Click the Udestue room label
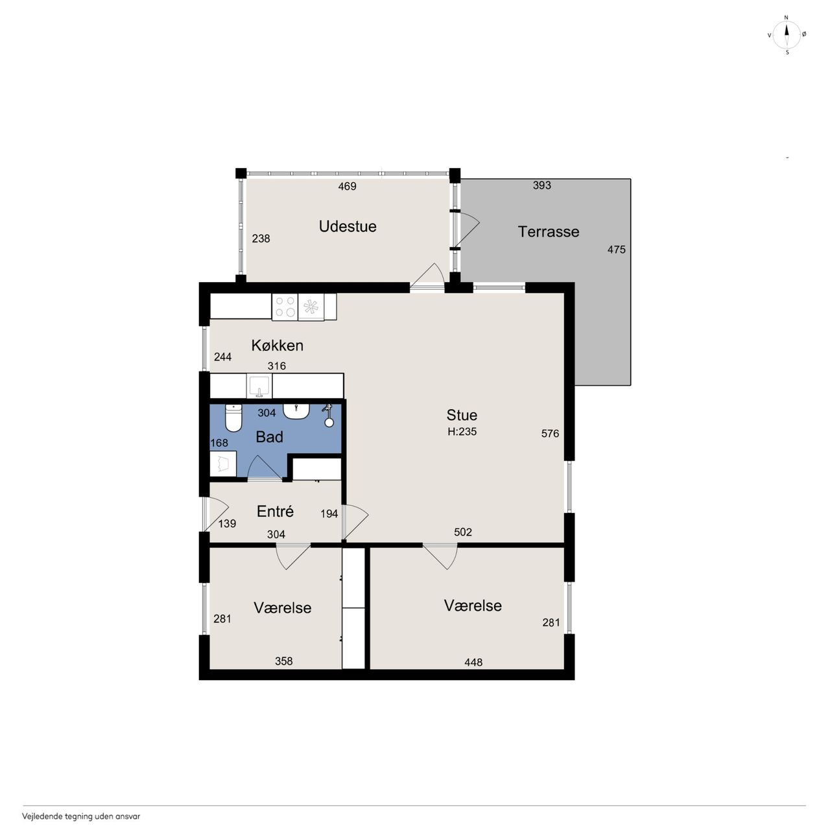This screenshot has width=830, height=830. [347, 226]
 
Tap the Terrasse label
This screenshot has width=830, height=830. [549, 231]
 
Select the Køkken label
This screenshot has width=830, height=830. [277, 346]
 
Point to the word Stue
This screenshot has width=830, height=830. [462, 415]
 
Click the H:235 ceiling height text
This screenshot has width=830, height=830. [462, 432]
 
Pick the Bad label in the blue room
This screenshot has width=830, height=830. [269, 437]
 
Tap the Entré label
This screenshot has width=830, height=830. [275, 511]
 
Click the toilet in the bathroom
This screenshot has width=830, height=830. [233, 418]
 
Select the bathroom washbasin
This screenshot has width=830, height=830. [296, 411]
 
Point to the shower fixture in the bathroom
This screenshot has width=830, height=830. [328, 416]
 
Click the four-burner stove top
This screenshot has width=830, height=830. [285, 307]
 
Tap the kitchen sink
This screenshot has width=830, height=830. [259, 386]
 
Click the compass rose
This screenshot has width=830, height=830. [787, 35]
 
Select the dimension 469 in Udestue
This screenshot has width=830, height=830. [347, 187]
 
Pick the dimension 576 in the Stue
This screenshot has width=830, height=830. [550, 434]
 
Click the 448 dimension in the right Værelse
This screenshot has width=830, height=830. [473, 662]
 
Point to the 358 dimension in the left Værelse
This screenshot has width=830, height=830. [284, 661]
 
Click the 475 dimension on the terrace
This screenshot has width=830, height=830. [617, 250]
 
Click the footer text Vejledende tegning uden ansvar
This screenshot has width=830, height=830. [81, 816]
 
